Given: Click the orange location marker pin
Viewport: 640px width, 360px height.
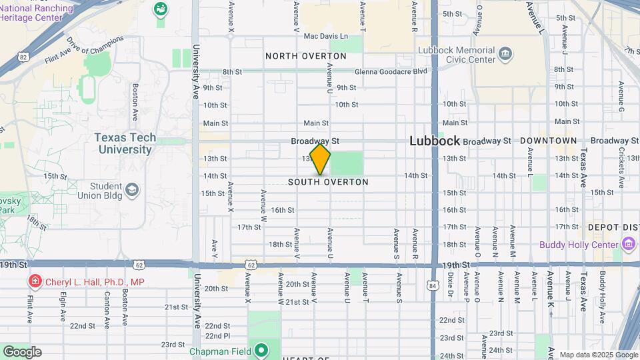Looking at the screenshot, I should [x=320, y=159].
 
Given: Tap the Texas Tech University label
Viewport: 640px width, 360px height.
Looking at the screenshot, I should [x=125, y=143].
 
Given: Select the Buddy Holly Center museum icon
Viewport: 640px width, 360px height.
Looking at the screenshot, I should [x=628, y=245].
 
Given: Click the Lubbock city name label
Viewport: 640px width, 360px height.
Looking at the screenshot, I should [x=435, y=141].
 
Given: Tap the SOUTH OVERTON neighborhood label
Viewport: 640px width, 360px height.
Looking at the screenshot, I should [x=328, y=182].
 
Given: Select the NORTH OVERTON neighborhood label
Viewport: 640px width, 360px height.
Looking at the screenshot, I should [x=306, y=56].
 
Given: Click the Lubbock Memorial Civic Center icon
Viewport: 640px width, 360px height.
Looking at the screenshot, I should [x=505, y=53].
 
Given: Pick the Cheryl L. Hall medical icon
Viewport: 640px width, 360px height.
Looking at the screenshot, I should [x=34, y=282].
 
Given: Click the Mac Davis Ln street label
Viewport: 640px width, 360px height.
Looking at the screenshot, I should [x=325, y=36].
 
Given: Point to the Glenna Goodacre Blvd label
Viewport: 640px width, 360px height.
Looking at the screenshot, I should [x=391, y=71].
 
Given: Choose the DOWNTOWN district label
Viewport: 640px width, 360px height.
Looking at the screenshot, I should [x=548, y=141].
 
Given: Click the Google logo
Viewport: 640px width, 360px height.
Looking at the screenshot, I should [x=22, y=351].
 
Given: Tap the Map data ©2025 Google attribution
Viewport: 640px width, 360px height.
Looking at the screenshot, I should [x=597, y=355].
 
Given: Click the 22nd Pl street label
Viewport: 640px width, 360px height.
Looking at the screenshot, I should [x=217, y=335].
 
